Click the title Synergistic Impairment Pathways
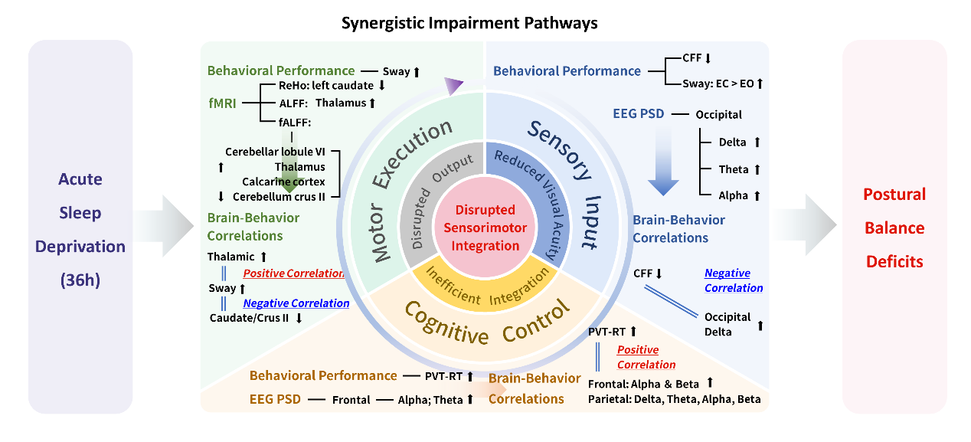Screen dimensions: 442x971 coord(469,22)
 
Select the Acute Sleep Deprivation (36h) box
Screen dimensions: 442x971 coord(80,228)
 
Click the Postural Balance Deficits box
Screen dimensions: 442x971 coord(894,228)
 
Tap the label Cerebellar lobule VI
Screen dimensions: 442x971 coord(275,152)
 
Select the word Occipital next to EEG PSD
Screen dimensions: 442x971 coord(719,115)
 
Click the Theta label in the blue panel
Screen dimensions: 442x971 coord(733,169)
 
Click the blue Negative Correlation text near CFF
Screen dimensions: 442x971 coord(733,280)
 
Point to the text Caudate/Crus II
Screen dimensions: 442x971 coord(249,319)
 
